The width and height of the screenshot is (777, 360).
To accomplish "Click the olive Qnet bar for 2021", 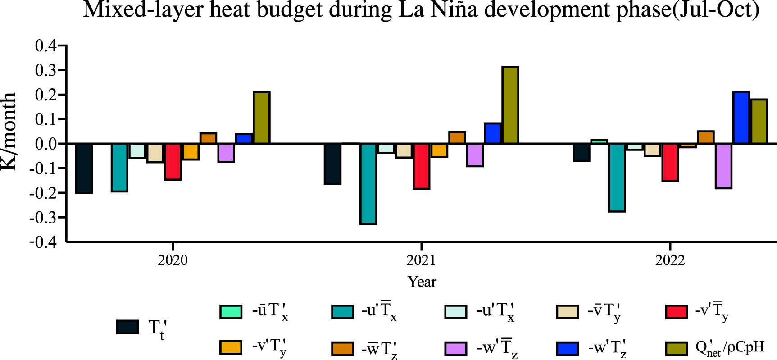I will point(510,105).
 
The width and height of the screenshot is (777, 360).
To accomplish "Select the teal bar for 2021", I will point(368,183).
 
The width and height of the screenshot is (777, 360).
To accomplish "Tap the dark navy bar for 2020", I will point(84,168).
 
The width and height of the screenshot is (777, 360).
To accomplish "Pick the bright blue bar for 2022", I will point(741,118).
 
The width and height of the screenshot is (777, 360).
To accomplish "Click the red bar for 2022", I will point(670,162).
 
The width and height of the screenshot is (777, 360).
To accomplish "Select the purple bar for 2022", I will point(723,166).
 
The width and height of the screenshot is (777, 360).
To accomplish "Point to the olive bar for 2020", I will point(262,118).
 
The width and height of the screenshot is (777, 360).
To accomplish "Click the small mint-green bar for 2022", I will point(599,141).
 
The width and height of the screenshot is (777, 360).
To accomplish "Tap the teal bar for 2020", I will point(119,167).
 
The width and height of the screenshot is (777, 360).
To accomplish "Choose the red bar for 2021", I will point(422,166).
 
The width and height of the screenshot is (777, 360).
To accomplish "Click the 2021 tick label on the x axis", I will point(421,260).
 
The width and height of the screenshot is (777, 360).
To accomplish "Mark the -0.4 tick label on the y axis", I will point(43,242).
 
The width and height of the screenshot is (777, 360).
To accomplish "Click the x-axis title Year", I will point(422,282).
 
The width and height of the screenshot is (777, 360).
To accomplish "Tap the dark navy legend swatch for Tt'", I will point(127,327).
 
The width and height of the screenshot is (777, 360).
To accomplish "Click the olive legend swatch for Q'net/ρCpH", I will point(677,348).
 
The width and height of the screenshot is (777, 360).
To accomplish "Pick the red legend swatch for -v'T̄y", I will point(677,312).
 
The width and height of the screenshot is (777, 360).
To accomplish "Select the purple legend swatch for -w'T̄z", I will point(455,348).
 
